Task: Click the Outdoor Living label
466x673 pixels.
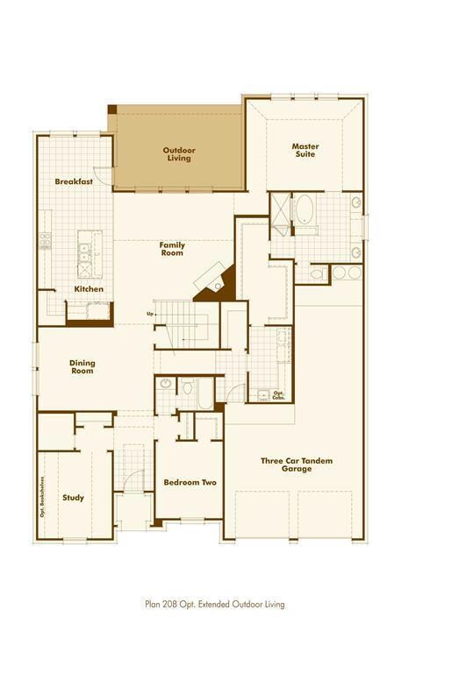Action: pyautogui.click(x=179, y=155)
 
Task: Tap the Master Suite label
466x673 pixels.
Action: pyautogui.click(x=305, y=151)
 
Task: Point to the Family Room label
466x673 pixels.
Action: pyautogui.click(x=171, y=249)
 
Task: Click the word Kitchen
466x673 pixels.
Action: pyautogui.click(x=89, y=289)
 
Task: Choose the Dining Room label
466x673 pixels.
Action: pyautogui.click(x=82, y=367)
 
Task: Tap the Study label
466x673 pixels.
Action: pyautogui.click(x=74, y=498)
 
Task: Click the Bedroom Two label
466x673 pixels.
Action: pyautogui.click(x=190, y=483)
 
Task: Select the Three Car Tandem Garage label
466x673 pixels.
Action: pyautogui.click(x=297, y=464)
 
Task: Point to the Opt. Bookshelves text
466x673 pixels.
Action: pyautogui.click(x=41, y=495)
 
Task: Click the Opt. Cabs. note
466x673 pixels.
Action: pyautogui.click(x=278, y=394)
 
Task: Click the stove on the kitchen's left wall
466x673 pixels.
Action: pyautogui.click(x=45, y=238)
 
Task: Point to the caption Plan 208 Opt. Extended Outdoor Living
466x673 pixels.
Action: pyautogui.click(x=215, y=604)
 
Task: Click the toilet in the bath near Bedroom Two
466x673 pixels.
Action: pyautogui.click(x=186, y=386)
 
